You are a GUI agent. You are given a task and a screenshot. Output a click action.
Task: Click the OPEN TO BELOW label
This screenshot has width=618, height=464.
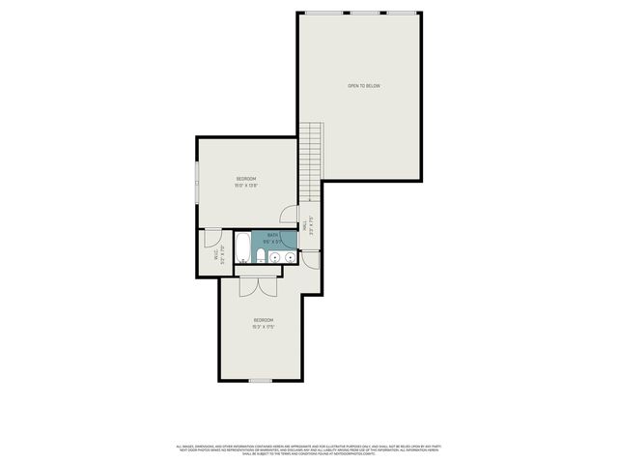pos(364,86)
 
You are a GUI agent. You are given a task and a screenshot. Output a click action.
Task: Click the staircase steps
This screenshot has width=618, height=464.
pos(310,159)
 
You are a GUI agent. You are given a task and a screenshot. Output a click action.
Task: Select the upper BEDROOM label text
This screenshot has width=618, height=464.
pos(247,180)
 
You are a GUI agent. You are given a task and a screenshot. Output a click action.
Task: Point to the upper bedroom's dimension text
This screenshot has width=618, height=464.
pos(247,187)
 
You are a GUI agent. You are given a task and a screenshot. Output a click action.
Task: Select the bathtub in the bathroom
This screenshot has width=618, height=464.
pos(242,249)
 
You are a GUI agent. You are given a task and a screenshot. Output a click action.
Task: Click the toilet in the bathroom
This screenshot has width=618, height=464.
pos(260,257)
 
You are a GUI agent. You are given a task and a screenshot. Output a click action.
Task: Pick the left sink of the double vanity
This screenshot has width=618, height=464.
pos(273,258)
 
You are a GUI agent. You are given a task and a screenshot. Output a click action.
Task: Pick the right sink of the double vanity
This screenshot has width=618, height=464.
pos(289,258)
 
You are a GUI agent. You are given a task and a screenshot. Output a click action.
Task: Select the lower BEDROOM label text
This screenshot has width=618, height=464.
pos(264,320)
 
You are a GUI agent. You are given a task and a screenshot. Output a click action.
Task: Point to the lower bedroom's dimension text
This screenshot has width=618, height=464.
pos(264,327)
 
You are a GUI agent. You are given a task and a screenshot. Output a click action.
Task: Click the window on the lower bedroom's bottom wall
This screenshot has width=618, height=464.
pos(260,380)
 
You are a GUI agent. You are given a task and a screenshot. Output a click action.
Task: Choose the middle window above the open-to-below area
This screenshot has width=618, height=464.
pos(364,12)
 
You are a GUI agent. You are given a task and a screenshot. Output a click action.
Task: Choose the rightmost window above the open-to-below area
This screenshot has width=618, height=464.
pos(402,12)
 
